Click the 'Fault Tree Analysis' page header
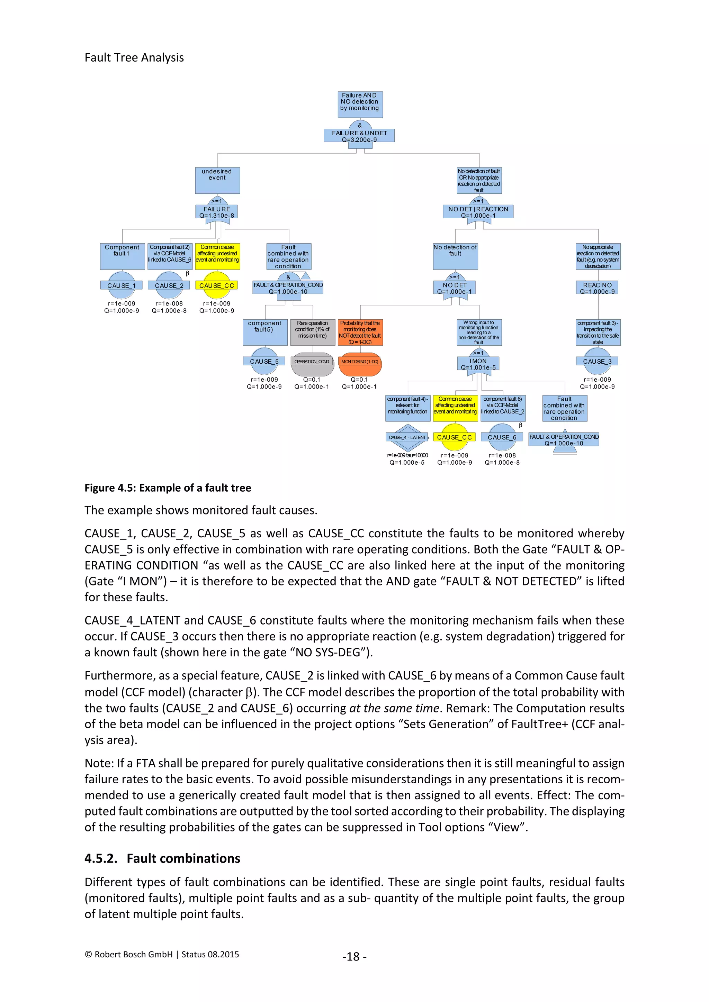click(134, 57)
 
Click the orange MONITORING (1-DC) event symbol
click(359, 364)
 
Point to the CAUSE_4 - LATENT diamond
click(407, 437)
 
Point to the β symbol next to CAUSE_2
click(188, 273)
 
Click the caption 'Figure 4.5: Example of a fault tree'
click(168, 488)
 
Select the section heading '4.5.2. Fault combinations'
click(162, 858)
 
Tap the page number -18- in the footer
click(354, 956)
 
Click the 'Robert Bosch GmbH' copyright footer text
click(162, 955)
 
